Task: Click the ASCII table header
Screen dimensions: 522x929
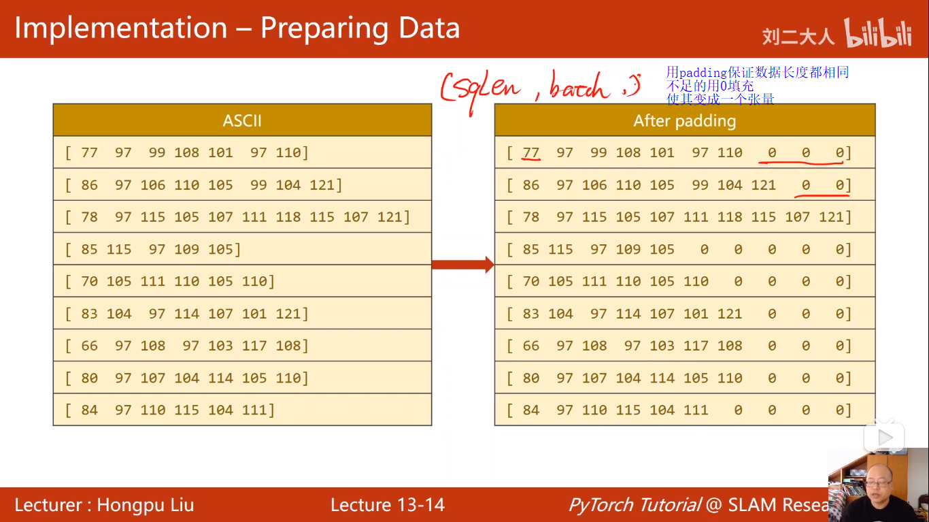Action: (x=242, y=120)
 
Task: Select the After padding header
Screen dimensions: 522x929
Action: (x=684, y=120)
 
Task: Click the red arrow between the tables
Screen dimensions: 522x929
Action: (x=462, y=264)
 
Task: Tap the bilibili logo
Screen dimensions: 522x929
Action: (x=877, y=34)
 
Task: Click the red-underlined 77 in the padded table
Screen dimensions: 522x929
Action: (x=530, y=152)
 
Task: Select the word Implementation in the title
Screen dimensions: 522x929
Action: (x=121, y=29)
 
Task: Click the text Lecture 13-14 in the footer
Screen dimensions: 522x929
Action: (x=388, y=505)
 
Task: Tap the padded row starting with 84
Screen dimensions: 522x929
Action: (x=684, y=410)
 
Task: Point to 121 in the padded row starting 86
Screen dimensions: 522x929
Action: (x=763, y=185)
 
